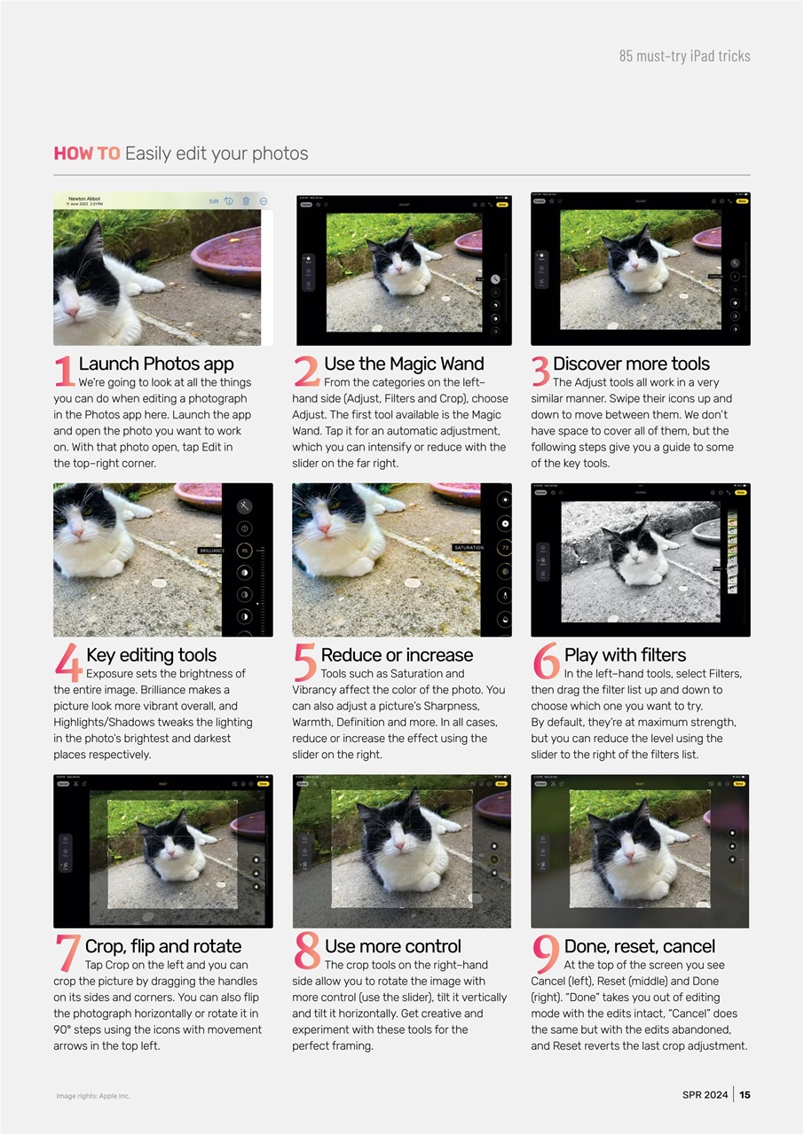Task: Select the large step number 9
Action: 545,954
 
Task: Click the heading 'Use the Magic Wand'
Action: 404,364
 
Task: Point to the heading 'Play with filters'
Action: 625,655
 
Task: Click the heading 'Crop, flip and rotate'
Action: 162,946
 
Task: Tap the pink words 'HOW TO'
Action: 86,153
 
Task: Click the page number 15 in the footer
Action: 745,1095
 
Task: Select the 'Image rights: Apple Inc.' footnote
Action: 92,1096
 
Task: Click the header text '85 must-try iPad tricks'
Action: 684,56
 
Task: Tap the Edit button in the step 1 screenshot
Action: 214,201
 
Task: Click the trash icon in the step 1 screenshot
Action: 246,201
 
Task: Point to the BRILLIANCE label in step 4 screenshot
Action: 211,551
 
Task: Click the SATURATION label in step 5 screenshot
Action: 468,548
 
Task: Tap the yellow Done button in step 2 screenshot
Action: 502,204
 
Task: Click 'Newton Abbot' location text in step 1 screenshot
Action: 85,199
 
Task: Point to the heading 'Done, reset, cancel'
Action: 639,946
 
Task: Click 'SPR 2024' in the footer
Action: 705,1095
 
